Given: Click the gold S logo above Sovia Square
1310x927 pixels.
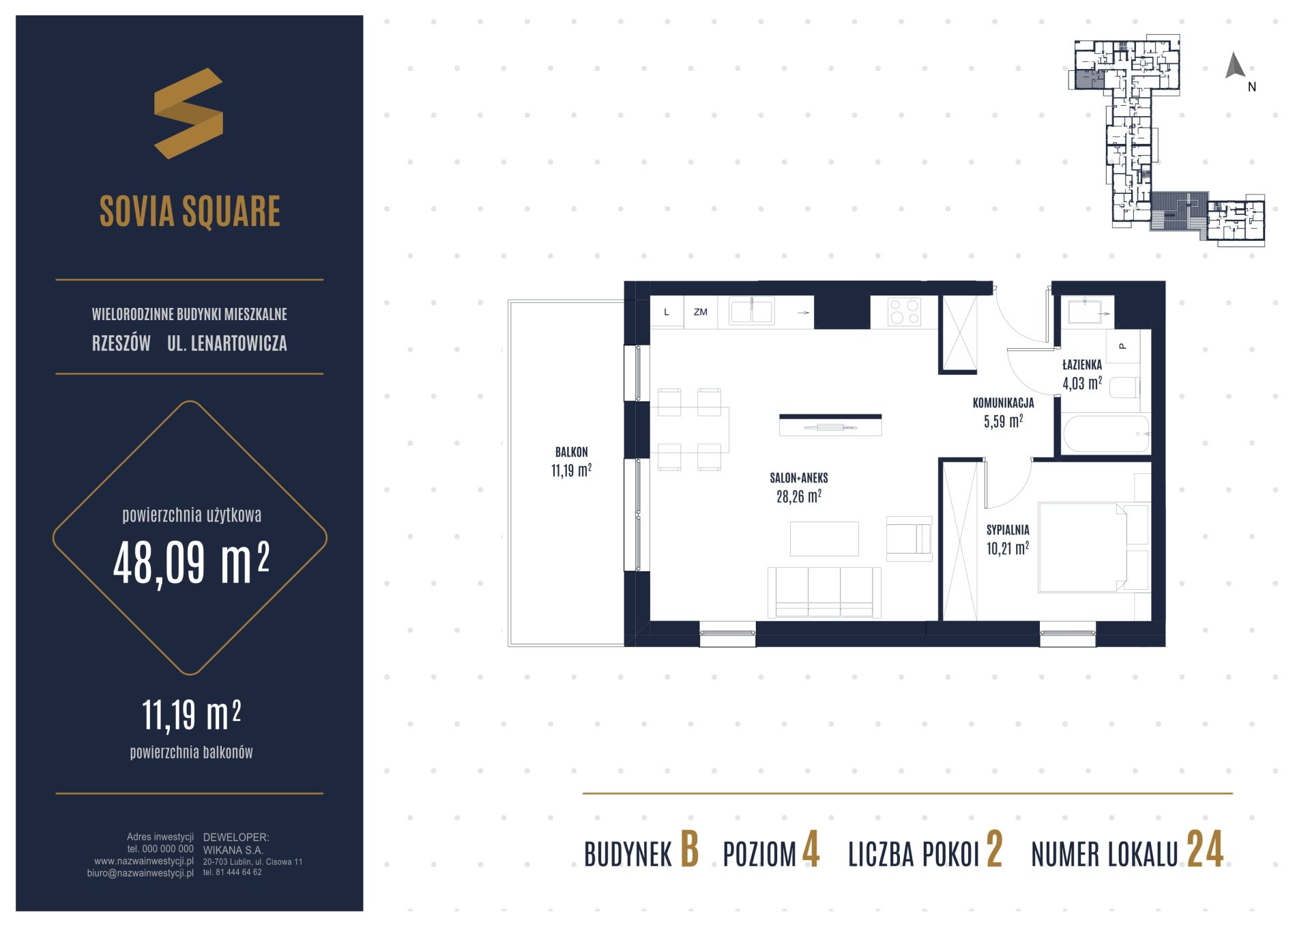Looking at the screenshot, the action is [188, 113].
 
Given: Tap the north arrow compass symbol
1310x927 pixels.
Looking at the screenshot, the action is [1235, 66].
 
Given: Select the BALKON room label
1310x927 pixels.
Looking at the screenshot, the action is [571, 452].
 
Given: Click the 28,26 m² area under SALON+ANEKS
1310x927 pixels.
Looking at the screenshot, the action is [798, 496].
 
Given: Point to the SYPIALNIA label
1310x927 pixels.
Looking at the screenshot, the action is [1008, 530].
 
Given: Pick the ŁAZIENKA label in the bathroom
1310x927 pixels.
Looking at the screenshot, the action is [1082, 365].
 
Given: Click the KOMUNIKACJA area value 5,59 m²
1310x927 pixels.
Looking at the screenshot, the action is [1003, 421].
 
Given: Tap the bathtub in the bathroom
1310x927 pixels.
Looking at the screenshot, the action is [1106, 434].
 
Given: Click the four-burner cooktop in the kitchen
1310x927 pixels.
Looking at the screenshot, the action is [905, 312].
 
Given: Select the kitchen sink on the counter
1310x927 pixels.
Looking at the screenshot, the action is [752, 312].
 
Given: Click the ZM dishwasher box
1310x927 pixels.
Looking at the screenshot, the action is [701, 312].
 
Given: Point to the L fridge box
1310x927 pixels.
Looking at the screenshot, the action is [667, 312].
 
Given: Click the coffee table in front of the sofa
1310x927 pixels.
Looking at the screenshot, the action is [824, 539].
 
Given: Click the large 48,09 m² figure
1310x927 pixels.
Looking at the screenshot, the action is [192, 563].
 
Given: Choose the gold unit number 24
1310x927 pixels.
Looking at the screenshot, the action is [1206, 851].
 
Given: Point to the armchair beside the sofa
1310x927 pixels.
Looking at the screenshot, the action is [909, 539].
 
